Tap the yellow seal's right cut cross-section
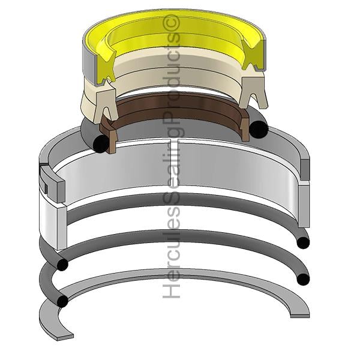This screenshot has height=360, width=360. pyautogui.click(x=253, y=53)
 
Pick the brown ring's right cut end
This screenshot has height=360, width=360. pyautogui.click(x=245, y=129)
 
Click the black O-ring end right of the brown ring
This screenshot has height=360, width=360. pyautogui.click(x=259, y=129)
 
